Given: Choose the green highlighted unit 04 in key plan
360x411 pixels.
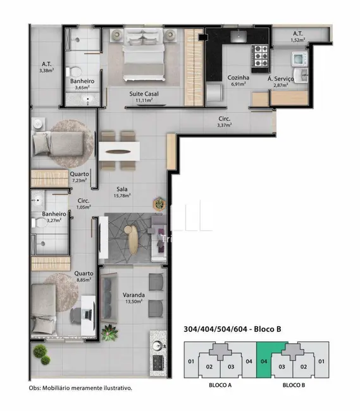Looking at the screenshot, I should [x=264, y=363].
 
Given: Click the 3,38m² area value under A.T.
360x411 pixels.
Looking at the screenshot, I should [x=46, y=70].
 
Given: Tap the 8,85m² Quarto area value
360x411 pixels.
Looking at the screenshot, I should [x=84, y=280].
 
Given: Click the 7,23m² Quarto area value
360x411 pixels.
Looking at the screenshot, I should [x=79, y=180].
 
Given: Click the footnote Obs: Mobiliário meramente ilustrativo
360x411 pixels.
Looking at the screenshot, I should [x=81, y=388].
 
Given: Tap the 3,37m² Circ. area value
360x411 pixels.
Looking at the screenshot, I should [x=224, y=125].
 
